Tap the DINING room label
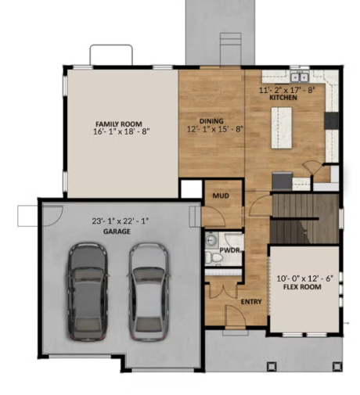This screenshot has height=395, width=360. [x=211, y=121]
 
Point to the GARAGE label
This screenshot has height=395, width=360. [x=115, y=232]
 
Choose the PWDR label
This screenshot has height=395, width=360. [x=229, y=250]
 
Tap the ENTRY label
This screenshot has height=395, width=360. [x=250, y=302]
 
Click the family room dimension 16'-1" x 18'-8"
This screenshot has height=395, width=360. [x=119, y=132]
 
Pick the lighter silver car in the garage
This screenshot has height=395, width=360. [x=148, y=290]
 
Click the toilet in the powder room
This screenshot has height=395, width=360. [x=211, y=256]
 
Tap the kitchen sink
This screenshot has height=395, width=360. [x=298, y=77]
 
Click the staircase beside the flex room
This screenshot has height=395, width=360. [x=305, y=219]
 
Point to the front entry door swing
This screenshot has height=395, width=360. [x=233, y=317]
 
